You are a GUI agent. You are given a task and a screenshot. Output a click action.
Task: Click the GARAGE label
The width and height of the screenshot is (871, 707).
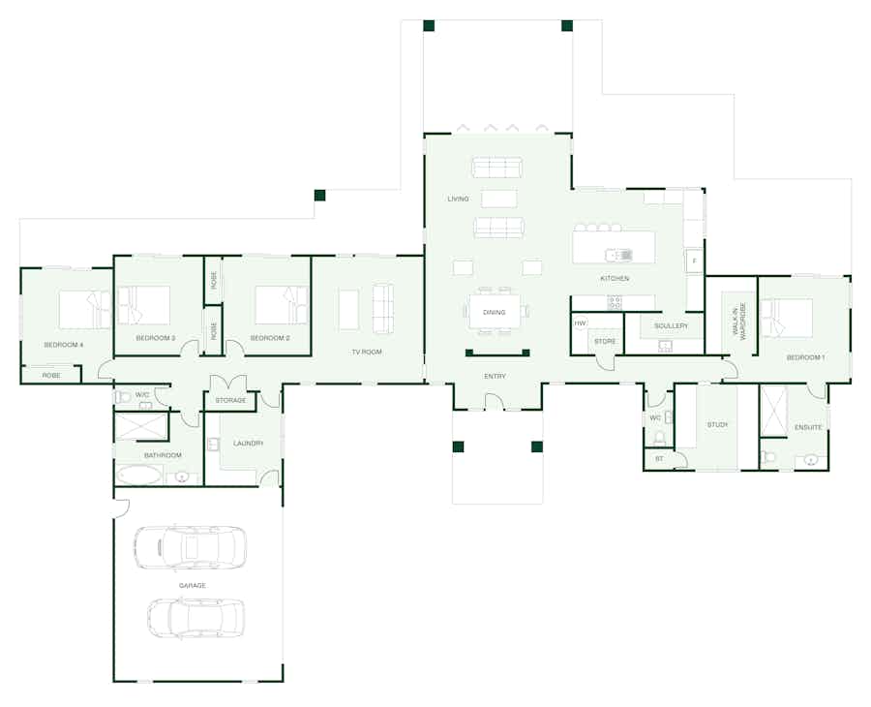[193, 585]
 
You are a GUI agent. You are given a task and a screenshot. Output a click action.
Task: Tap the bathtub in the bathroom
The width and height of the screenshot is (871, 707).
[139, 476]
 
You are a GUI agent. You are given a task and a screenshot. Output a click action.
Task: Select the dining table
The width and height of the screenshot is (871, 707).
[495, 312]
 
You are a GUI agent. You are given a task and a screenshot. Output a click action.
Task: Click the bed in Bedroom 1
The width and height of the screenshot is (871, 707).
[787, 318]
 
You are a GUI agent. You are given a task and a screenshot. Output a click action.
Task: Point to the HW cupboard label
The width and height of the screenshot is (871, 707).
[580, 323]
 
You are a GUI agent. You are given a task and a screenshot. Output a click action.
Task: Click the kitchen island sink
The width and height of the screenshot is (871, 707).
[618, 255]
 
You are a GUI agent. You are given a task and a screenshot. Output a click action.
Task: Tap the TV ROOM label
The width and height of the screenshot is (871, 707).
[367, 352]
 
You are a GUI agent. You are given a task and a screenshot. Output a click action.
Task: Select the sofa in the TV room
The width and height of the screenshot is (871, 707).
[382, 309]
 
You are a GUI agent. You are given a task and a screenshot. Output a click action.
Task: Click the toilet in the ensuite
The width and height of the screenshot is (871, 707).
[767, 457]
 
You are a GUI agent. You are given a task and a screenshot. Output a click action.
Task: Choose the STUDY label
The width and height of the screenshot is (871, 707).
[717, 424]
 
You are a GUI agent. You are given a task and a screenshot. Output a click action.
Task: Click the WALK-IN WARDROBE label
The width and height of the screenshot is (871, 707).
[739, 322]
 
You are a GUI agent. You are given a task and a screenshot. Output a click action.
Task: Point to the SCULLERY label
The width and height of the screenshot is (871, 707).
[671, 325]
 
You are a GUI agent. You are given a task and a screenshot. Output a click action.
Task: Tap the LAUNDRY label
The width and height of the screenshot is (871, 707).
[249, 443]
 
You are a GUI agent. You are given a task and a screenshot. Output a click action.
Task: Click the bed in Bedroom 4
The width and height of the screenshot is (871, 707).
[85, 310]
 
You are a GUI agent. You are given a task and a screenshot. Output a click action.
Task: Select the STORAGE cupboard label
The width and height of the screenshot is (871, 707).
[230, 400]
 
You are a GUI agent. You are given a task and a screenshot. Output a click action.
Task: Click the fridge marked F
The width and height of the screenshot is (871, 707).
[694, 261]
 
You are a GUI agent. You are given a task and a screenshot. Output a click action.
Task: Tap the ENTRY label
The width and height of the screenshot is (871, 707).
[495, 377]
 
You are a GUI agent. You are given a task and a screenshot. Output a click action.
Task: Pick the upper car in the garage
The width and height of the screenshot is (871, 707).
[190, 548]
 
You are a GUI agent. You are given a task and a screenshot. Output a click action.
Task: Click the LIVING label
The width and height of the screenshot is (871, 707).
[459, 199]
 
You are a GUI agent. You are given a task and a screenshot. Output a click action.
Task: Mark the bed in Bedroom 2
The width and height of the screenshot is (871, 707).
[281, 305]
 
